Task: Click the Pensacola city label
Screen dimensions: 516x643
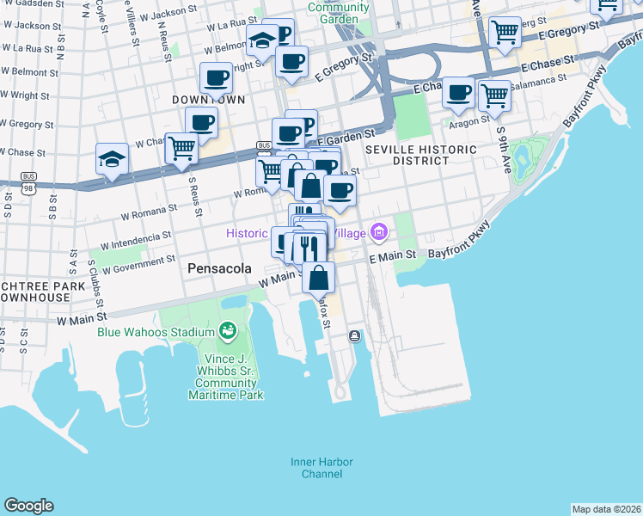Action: pos(219,268)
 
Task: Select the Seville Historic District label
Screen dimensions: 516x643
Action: pos(421,155)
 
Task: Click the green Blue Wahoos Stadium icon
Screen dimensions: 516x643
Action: pos(228,330)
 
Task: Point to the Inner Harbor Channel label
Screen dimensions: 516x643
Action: pos(321,468)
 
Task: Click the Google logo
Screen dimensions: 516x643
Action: pos(28,506)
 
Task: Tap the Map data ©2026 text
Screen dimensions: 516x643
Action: pos(606,509)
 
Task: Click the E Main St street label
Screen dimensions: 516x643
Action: pos(392,256)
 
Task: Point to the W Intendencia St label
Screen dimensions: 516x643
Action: pos(134,236)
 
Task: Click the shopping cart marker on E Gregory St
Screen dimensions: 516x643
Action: pos(505,32)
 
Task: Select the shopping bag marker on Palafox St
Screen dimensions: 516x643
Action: pos(319,277)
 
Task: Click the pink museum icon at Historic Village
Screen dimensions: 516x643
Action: pos(379,231)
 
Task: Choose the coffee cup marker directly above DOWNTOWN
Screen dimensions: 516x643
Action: pos(216,78)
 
